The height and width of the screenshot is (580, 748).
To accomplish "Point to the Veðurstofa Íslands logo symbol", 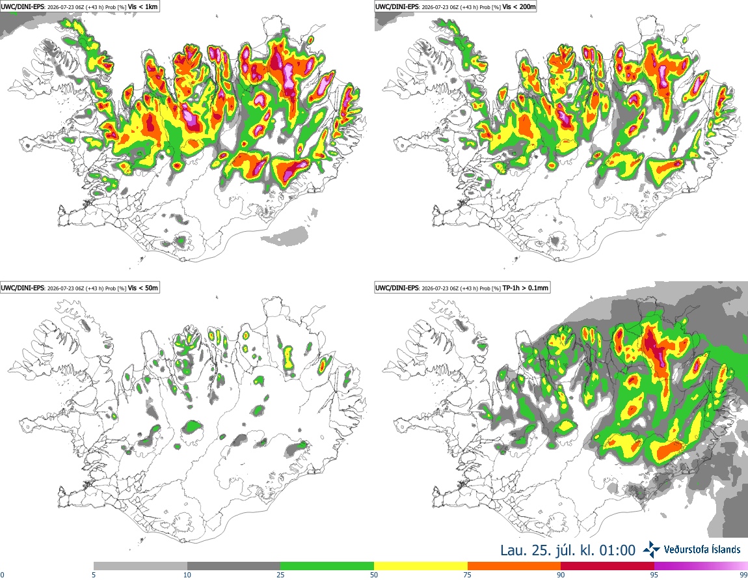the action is click(652, 550).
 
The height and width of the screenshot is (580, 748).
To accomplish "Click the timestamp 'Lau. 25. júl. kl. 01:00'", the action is click(568, 551).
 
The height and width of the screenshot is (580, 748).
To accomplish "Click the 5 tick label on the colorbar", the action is click(94, 575).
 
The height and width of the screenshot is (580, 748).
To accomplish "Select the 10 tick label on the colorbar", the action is click(187, 575).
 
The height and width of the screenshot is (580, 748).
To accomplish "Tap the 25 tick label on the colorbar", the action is click(280, 575).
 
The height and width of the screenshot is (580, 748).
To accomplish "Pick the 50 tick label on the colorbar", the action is click(374, 575).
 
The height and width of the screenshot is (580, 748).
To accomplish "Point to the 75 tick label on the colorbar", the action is click(468, 575).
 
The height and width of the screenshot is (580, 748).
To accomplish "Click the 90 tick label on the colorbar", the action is click(561, 575).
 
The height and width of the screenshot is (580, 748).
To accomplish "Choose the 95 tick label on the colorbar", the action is click(654, 575).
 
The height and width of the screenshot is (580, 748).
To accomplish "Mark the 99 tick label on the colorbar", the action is click(743, 575).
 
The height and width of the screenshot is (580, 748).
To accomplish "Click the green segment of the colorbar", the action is click(327, 566).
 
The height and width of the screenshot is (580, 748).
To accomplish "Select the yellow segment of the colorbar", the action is click(421, 566).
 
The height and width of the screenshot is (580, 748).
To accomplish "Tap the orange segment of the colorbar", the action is click(514, 566).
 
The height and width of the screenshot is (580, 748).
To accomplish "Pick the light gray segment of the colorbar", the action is click(140, 566).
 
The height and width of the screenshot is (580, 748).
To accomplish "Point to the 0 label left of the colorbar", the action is click(3, 575).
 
